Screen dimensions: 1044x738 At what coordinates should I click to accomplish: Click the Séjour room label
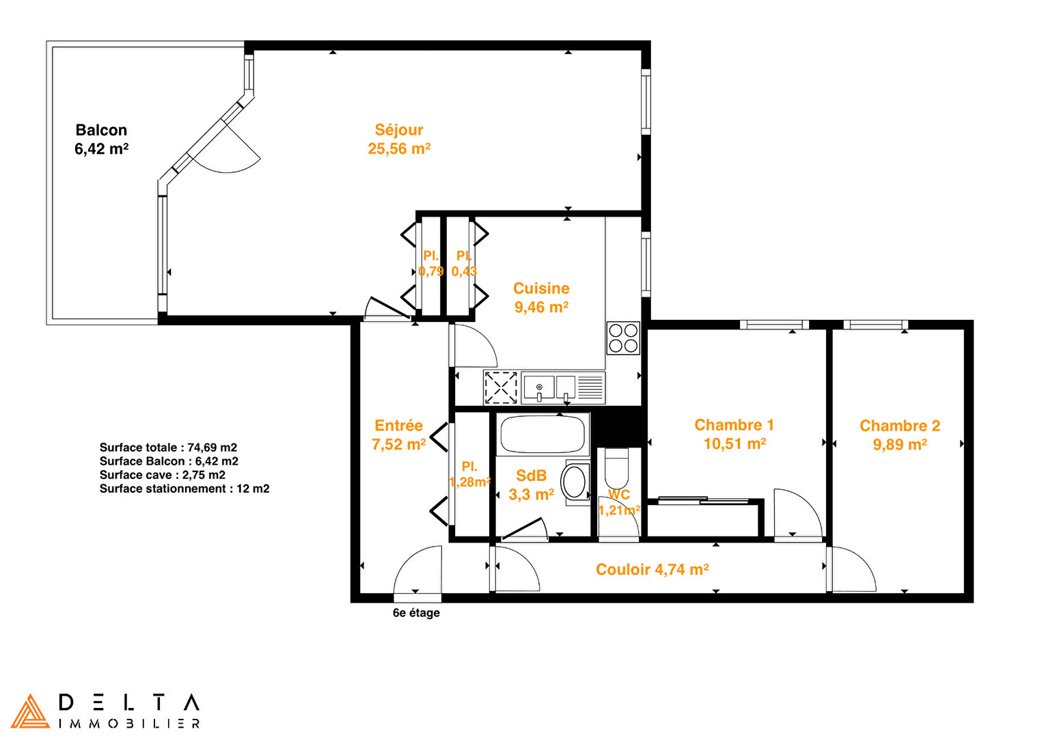(399, 130)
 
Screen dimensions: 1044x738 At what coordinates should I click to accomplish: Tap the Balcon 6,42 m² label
(101, 139)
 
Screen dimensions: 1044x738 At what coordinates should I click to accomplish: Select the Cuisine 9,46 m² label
(541, 297)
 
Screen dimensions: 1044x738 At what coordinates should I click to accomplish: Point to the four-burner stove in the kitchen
(623, 338)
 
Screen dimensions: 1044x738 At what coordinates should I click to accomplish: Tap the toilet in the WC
(616, 468)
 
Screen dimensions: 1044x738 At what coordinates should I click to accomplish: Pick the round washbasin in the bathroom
(574, 482)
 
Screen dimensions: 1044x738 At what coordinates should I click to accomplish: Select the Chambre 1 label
(734, 425)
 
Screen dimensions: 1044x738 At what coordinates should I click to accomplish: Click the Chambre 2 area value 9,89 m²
(900, 444)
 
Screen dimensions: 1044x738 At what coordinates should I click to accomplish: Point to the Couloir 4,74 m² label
(652, 569)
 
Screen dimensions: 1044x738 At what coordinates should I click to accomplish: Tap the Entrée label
(398, 425)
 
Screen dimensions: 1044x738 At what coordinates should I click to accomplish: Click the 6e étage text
(416, 612)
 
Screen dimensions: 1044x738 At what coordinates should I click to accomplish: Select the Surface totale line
(168, 447)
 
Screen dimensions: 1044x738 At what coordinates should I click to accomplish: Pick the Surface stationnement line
(184, 489)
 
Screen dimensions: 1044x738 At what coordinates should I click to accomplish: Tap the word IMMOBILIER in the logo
(129, 724)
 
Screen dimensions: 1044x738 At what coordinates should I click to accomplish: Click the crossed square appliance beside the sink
(501, 387)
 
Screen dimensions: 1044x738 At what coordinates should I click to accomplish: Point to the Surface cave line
(162, 475)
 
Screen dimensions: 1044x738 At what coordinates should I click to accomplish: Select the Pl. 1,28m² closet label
(469, 474)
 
